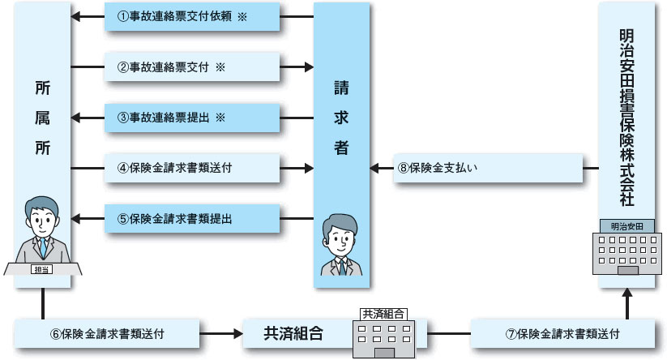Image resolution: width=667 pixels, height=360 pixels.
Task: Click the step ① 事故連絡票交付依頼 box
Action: coord(191,16)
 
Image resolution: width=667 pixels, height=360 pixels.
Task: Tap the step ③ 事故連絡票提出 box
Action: coord(191,118)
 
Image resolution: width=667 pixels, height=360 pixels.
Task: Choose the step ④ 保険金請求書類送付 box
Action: coord(191,169)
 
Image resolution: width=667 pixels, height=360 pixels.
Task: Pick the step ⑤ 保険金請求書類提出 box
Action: coord(191,218)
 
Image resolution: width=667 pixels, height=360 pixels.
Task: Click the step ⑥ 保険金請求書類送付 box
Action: coord(107,332)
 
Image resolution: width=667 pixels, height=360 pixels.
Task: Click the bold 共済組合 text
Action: coord(293,332)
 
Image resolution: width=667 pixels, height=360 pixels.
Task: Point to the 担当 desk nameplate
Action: coord(41,268)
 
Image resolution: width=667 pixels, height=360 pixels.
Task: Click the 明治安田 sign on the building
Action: coord(626,226)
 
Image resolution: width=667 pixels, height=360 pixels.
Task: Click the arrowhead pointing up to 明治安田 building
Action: coord(626,298)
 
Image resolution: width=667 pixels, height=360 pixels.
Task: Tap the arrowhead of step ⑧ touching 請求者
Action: coord(375,169)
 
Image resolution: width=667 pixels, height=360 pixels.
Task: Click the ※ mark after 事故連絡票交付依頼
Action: coord(242,16)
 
